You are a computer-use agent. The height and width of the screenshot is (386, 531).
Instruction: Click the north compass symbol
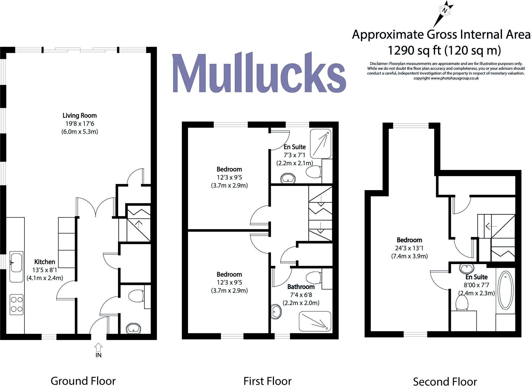coord(445,11)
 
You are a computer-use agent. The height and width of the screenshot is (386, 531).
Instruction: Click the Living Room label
coord(79,115)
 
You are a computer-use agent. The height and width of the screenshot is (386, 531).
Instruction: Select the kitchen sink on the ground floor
coord(16,263)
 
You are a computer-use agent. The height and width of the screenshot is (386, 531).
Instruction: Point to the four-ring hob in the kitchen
coord(17,304)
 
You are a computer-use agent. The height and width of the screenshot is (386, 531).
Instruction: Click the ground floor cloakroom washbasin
coord(134,328)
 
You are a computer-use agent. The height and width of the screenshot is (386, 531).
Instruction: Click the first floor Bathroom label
coord(301,287)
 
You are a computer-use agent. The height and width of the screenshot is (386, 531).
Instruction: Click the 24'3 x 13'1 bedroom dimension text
coord(409,248)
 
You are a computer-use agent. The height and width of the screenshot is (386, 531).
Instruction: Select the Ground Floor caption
coord(83,381)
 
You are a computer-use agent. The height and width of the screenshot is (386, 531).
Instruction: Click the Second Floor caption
coord(445,382)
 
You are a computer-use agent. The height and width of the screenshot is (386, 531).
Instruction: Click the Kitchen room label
coord(45,262)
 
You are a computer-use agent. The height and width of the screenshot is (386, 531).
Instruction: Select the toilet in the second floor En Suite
coord(462,303)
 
